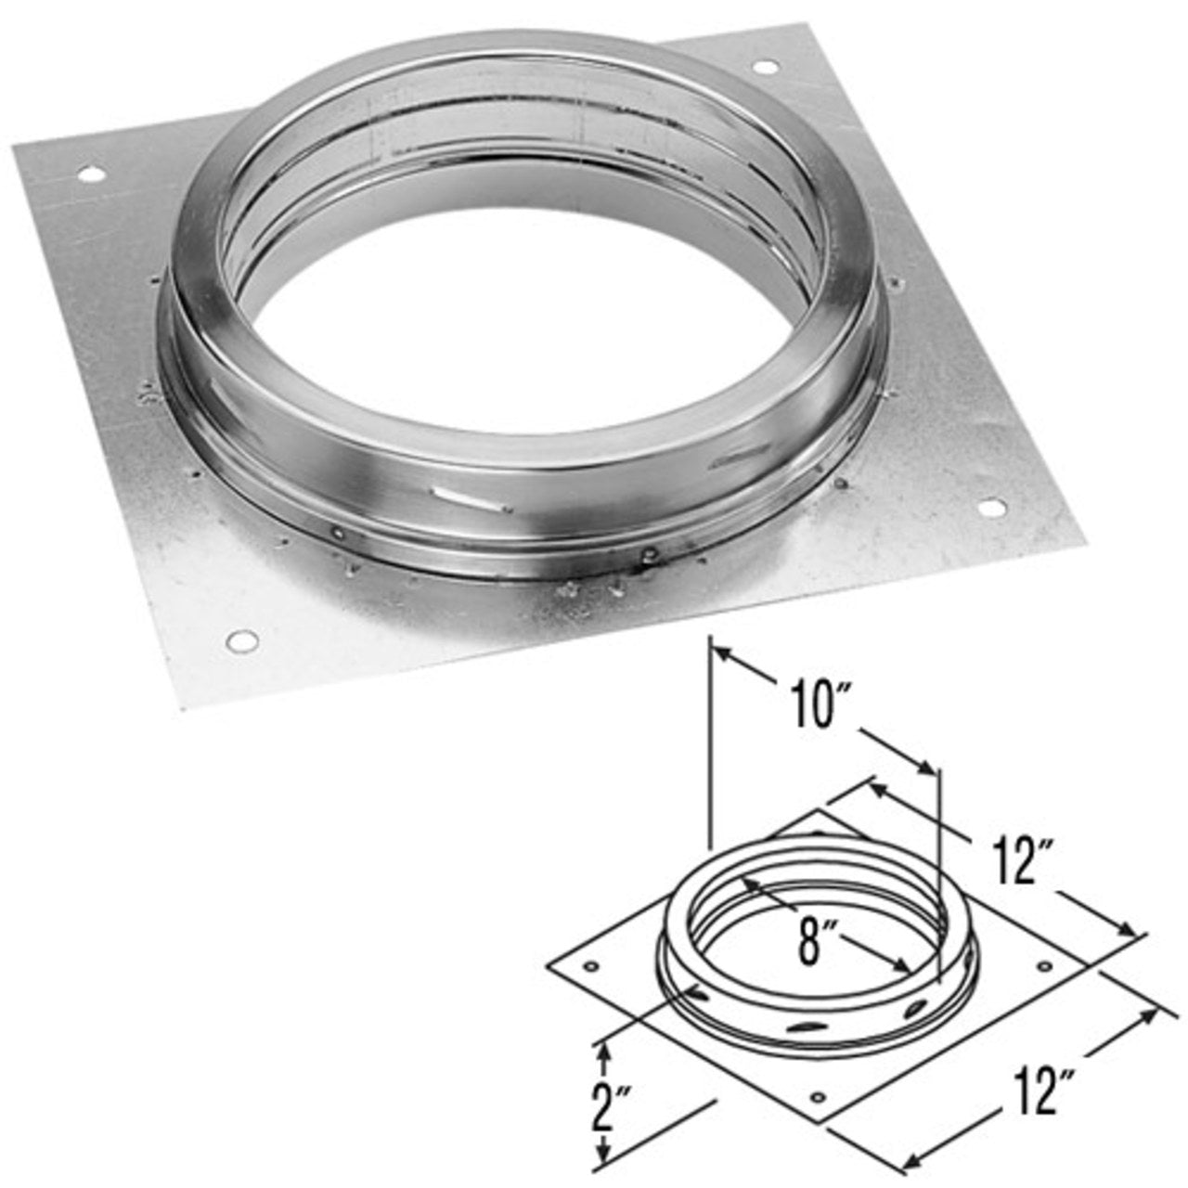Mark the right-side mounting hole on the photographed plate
[991, 508]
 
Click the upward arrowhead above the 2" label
[606, 1049]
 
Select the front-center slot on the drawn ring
[806, 1026]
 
